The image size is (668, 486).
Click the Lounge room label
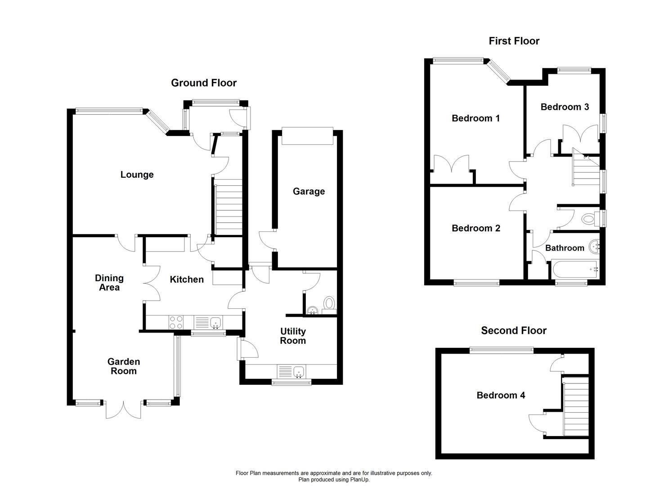point(137,175)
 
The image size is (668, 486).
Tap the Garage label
point(309,191)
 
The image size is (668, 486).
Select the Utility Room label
point(293,336)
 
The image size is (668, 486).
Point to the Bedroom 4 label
point(501,395)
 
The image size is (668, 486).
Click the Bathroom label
point(565,248)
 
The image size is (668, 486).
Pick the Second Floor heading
point(514,331)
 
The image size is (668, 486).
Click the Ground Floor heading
point(204,83)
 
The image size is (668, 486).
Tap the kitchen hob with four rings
point(176,322)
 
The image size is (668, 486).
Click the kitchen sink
point(215,322)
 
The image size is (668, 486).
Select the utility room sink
point(299,372)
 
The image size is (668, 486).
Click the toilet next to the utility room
point(329,303)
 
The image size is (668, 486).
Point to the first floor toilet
point(588,219)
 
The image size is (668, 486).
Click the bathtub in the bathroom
point(574,269)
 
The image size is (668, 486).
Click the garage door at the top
point(308,136)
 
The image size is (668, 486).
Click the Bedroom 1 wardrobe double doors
point(451,163)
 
